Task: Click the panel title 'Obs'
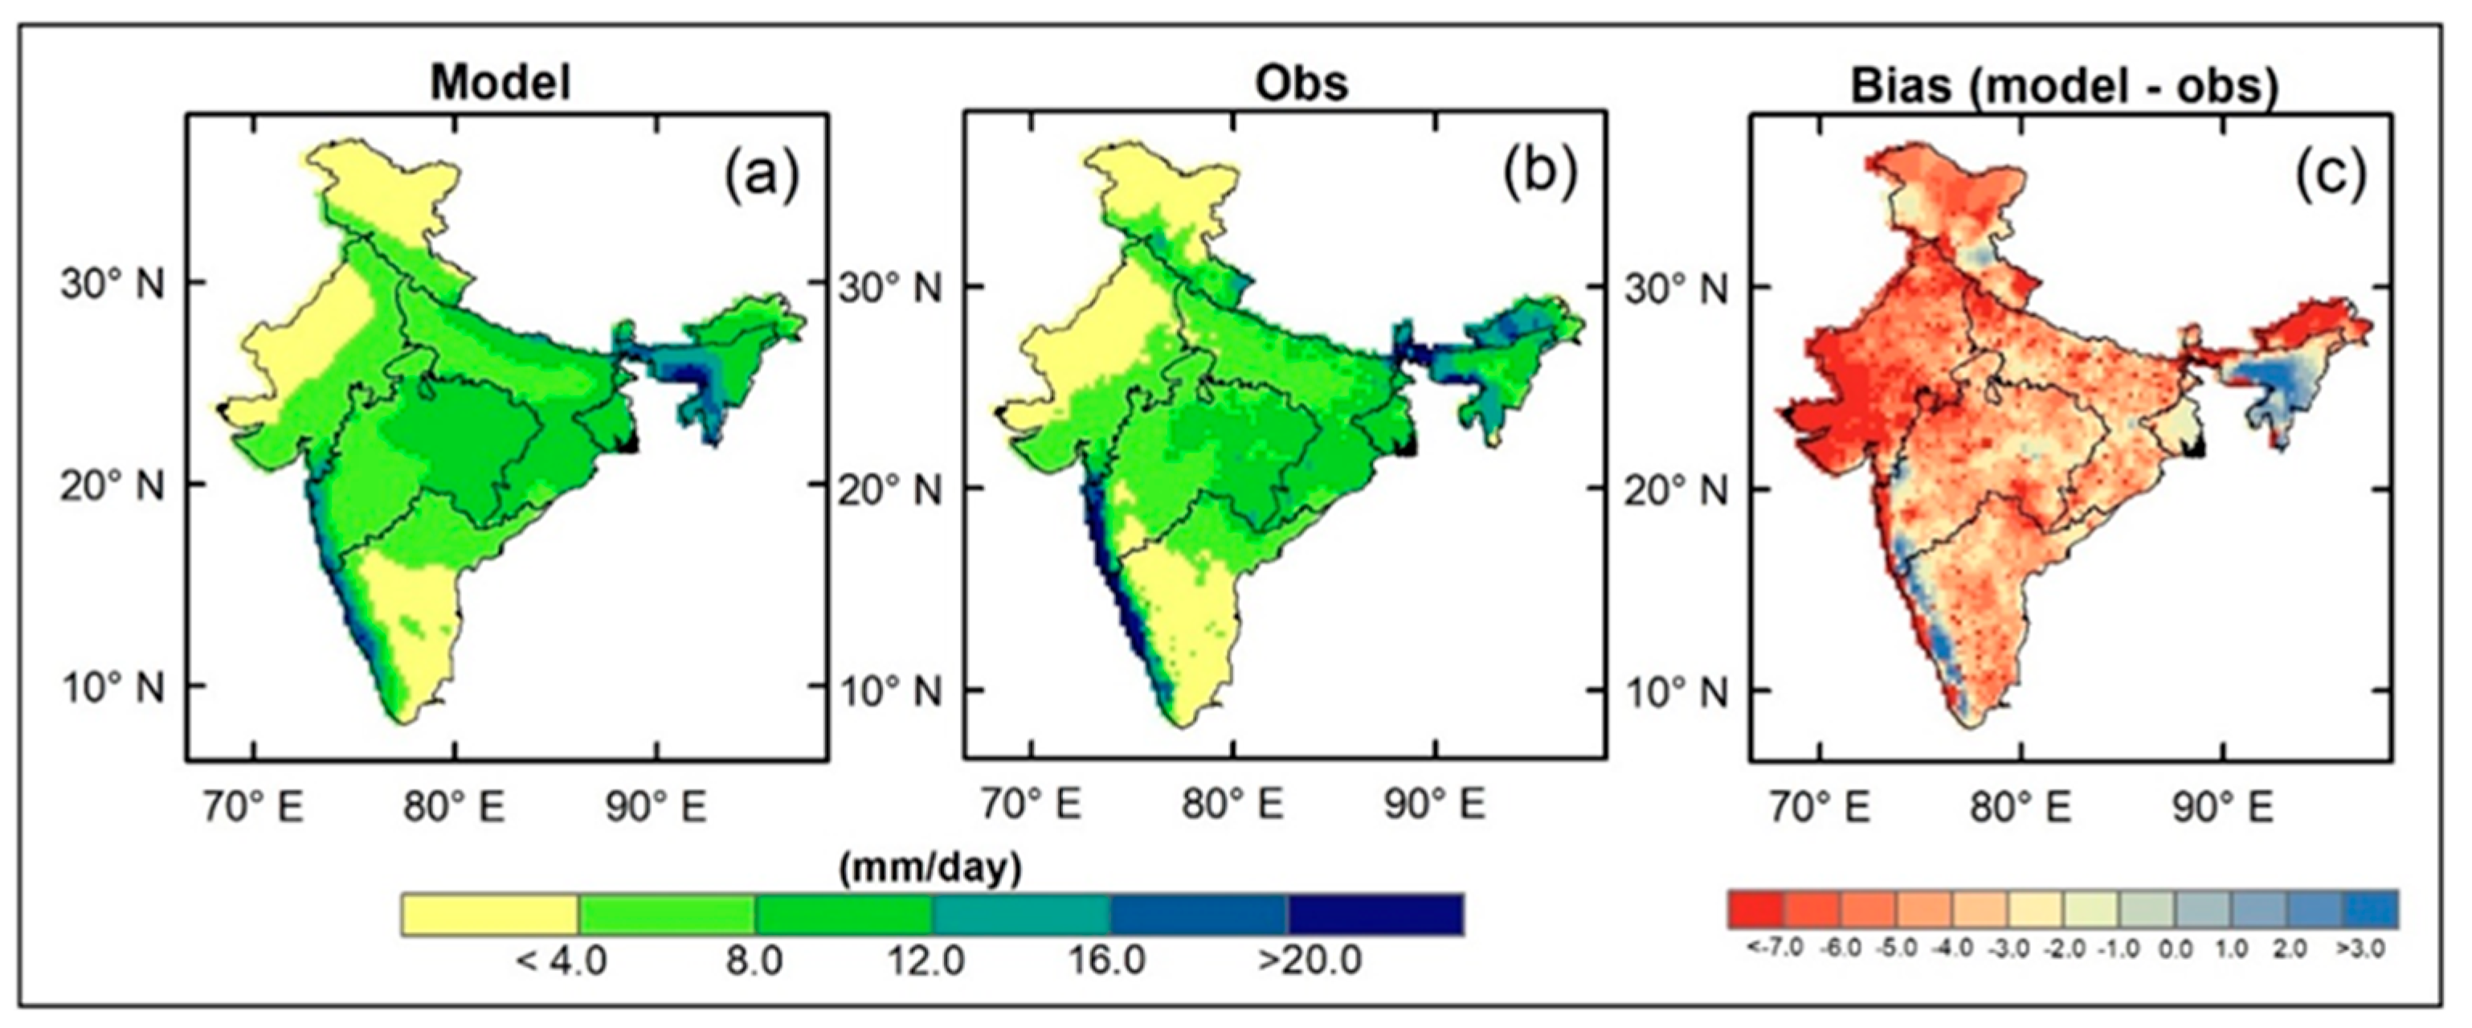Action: coord(1301,84)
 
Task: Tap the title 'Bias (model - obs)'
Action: coord(2063,86)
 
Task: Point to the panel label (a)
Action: coord(761,176)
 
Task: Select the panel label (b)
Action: coord(1540,176)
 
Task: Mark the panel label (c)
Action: coord(2331,176)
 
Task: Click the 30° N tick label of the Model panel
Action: coord(112,284)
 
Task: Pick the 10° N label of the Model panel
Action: coord(112,687)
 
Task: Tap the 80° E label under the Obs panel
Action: coord(1233,805)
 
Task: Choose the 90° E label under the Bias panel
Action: coord(2222,806)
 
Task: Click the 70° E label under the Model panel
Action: coord(253,806)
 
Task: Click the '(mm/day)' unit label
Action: coord(930,869)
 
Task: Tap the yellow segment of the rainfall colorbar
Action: coord(490,915)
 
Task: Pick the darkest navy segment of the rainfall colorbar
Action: coord(1375,915)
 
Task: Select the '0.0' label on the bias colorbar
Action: coord(2176,949)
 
